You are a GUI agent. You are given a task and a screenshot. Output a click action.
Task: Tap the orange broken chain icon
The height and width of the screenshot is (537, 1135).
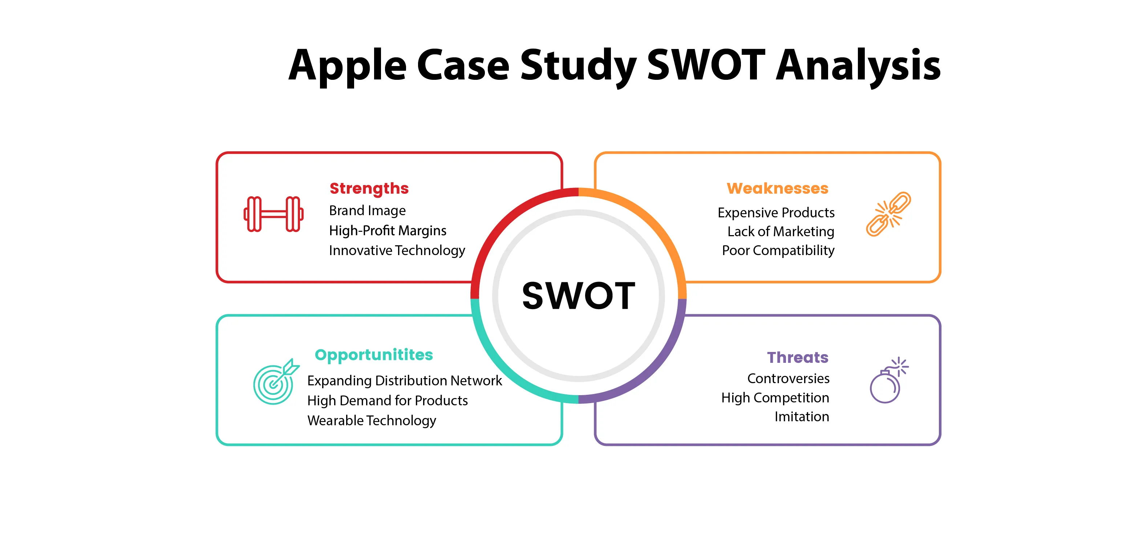[x=888, y=214]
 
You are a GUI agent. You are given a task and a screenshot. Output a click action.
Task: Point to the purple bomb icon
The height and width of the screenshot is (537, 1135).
[x=889, y=380]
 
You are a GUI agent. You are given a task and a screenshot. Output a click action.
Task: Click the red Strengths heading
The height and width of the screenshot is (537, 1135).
[x=369, y=189]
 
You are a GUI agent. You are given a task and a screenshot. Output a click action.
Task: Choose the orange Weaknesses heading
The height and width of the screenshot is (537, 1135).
[x=777, y=188]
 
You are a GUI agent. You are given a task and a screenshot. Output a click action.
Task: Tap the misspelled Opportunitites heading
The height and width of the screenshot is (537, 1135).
[x=374, y=355]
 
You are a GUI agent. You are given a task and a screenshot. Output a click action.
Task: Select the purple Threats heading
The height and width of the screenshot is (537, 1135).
[x=798, y=357]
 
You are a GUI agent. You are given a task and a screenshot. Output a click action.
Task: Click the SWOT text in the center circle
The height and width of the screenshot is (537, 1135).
[x=579, y=295]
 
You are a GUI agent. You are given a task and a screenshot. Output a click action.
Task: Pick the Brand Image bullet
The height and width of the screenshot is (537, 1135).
[x=368, y=211]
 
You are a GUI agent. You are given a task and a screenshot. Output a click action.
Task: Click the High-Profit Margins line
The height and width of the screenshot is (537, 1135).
[x=388, y=231]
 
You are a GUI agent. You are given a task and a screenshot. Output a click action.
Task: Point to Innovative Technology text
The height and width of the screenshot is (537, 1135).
[x=397, y=250]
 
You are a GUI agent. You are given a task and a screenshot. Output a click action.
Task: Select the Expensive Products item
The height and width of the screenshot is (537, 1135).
[x=776, y=213]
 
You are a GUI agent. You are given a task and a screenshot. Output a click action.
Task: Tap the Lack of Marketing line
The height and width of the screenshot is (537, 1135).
[x=781, y=231]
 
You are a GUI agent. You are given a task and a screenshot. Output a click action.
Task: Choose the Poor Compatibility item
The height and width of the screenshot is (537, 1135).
[x=778, y=250]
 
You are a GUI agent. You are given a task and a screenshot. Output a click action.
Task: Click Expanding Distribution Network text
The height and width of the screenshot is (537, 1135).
[x=405, y=381]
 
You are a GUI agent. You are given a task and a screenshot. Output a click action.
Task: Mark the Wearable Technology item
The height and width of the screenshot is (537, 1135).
[x=372, y=421]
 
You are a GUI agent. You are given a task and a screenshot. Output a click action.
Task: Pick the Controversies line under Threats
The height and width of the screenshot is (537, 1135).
[x=788, y=378]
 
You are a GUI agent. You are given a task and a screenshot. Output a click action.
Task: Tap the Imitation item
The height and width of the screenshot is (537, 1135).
[x=802, y=417]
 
